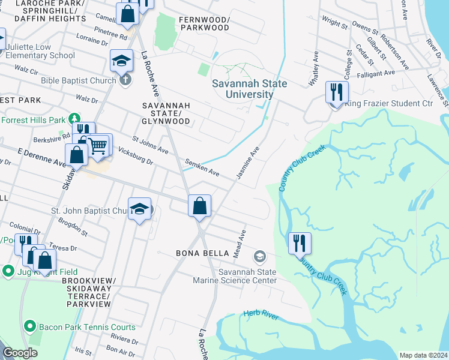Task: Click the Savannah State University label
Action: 249,89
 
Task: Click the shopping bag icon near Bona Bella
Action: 200,206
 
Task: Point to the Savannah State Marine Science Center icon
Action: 259,256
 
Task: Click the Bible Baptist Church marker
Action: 125,79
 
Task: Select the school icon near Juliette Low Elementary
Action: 121,61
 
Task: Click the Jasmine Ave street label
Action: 251,161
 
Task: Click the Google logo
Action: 20,353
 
